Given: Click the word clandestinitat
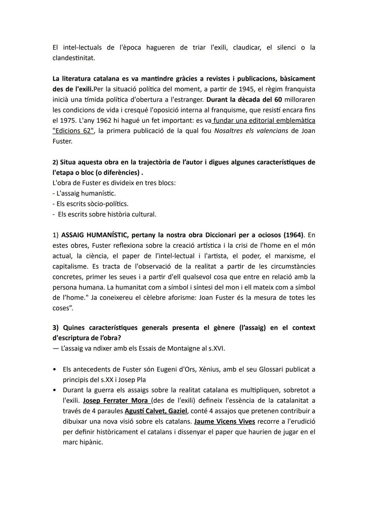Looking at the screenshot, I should [x=73, y=58].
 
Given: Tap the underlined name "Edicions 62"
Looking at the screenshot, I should [x=73, y=131].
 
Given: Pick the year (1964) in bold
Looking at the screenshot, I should [x=293, y=235].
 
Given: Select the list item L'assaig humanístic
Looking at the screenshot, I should [x=84, y=193].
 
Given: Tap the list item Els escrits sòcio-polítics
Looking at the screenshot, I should [x=90, y=204].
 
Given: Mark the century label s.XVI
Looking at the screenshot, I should [x=216, y=349].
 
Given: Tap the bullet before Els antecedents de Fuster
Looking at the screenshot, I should [x=55, y=369].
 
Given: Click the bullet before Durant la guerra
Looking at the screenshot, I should [x=55, y=390].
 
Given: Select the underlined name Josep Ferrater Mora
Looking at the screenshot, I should [x=116, y=401].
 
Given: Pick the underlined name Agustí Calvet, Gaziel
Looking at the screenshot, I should [x=156, y=411].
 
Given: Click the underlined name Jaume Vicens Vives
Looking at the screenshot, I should [x=224, y=422].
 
